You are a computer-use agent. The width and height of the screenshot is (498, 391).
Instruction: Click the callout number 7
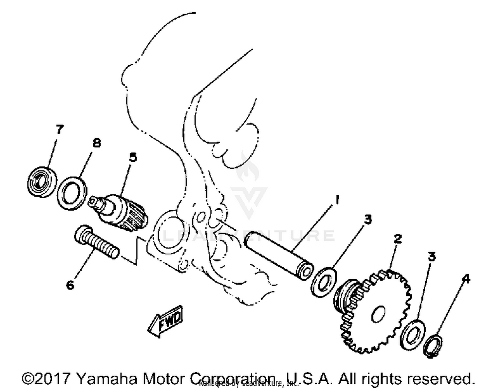click(x=59, y=129)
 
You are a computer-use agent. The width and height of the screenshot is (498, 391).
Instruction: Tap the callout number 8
click(x=96, y=143)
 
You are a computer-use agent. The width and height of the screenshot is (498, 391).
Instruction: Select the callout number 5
click(x=133, y=157)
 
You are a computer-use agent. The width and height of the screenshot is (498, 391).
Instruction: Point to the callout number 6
click(x=70, y=285)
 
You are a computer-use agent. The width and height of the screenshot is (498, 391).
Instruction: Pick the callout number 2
click(x=397, y=238)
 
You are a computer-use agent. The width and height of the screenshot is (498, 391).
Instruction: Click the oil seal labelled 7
click(x=41, y=182)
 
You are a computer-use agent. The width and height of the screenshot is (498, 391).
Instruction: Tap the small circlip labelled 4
click(x=433, y=346)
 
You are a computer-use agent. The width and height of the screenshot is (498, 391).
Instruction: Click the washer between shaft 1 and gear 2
click(x=324, y=282)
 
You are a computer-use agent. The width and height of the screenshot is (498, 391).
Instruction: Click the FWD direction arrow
click(x=165, y=321)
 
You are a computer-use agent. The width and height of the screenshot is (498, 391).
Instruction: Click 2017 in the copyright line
click(x=53, y=378)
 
